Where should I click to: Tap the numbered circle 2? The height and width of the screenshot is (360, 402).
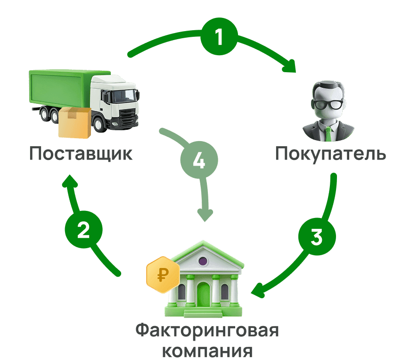(x=83, y=230)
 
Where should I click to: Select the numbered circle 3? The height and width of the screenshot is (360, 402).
(x=317, y=237)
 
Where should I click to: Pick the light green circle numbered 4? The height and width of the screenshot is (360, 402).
(x=199, y=161)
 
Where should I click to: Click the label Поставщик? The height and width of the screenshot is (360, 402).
(x=81, y=154)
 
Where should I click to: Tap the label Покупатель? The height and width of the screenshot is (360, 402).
(x=330, y=154)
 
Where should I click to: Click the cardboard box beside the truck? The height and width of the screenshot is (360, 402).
(x=74, y=122)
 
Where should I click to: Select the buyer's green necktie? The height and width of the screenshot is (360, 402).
(x=328, y=134)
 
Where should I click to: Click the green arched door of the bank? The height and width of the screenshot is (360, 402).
(x=203, y=295)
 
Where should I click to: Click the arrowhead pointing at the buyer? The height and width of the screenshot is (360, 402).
(x=289, y=67)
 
